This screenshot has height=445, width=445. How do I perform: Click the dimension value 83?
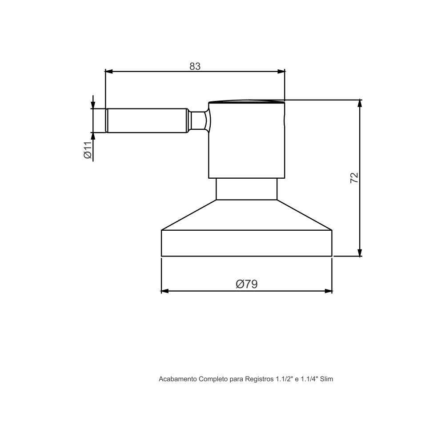[195, 66]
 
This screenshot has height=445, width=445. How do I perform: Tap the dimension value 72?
[354, 178]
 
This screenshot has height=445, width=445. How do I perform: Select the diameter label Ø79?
[247, 284]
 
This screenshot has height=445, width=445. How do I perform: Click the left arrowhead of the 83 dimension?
[109, 72]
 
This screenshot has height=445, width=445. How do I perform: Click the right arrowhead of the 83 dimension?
[281, 72]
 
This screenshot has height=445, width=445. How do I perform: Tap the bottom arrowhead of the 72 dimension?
[360, 253]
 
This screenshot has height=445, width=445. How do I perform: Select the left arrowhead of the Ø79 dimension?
[165, 291]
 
